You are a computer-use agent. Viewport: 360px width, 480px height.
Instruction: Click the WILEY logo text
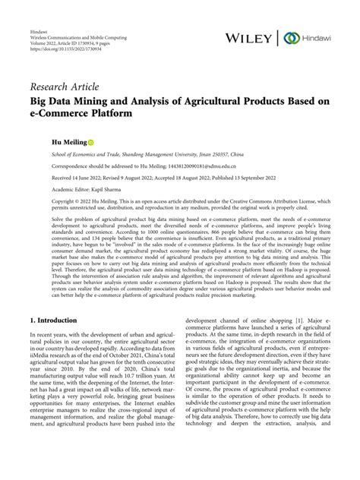[x=251, y=36]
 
